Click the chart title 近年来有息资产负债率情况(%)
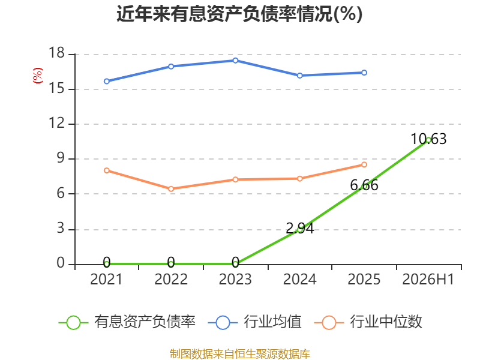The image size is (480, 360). [239, 14]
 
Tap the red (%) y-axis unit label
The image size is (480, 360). [38, 76]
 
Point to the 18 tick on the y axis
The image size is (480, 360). [56, 53]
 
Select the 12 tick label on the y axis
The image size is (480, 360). [56, 123]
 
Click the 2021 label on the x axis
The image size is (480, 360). [106, 279]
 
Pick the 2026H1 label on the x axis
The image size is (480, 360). [428, 279]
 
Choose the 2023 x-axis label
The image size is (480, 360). [235, 279]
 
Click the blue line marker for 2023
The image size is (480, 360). [235, 61]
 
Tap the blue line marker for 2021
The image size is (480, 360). [107, 82]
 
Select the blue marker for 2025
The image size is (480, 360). [364, 73]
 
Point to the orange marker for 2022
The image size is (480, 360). [171, 189]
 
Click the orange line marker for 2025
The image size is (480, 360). [364, 164]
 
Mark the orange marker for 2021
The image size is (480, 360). [107, 170]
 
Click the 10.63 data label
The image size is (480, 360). [428, 139]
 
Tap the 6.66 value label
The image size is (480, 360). [364, 185]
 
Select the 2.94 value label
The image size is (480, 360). [299, 229]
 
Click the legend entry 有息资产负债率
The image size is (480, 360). [127, 322]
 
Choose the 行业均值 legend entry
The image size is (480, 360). [254, 322]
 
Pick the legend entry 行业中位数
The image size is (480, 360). [368, 322]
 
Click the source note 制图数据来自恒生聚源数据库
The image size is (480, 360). [240, 354]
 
